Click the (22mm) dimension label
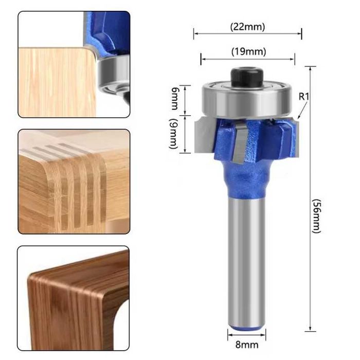247,27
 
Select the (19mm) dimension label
247,51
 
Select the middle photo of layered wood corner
74,181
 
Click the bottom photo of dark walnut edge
74,298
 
